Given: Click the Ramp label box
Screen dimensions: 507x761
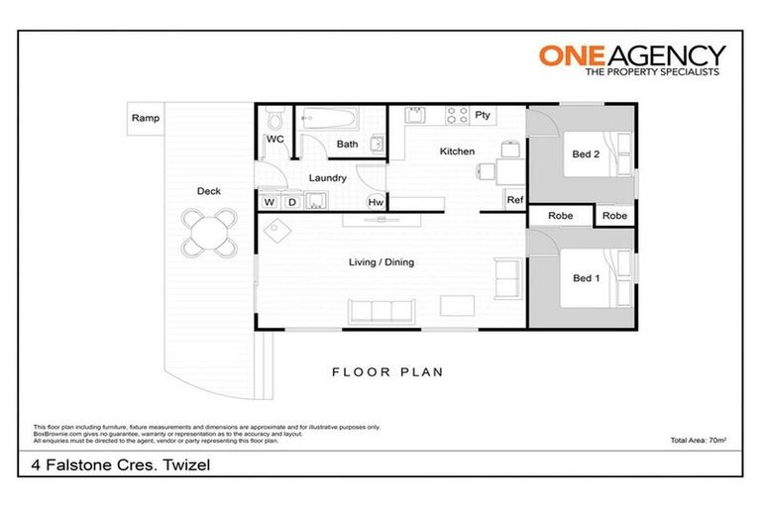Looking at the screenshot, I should (x=145, y=118).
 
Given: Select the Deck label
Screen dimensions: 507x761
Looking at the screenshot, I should (x=208, y=191).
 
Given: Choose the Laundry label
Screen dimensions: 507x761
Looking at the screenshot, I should (x=327, y=178).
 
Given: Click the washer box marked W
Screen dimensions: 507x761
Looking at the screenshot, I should (x=270, y=202).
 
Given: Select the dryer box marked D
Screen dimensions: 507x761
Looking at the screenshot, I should (x=291, y=202).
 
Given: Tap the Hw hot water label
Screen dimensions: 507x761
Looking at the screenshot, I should (x=376, y=202).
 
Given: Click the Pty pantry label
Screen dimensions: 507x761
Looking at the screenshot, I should (x=483, y=115).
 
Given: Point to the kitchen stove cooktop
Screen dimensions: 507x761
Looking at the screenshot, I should (x=456, y=115).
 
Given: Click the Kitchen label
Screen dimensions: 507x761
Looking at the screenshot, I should (x=457, y=152).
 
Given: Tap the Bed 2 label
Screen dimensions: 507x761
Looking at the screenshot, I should (x=586, y=154).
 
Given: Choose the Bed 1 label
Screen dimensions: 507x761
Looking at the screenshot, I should (x=586, y=278).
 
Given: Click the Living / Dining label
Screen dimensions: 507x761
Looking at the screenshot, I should (x=380, y=262).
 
